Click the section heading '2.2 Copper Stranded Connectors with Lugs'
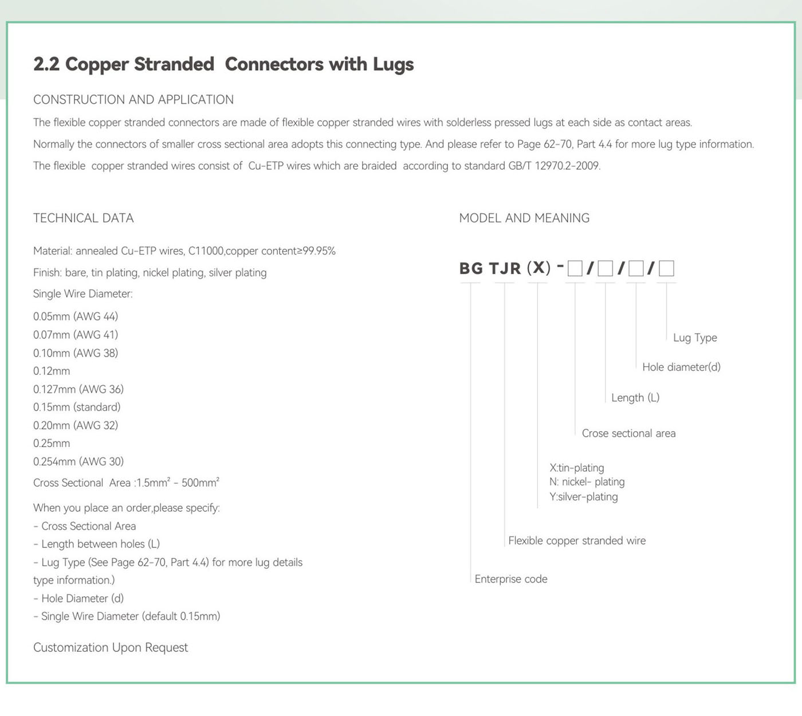[x=223, y=64]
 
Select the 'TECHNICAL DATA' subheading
[x=84, y=218]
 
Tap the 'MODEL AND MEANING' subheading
[x=524, y=218]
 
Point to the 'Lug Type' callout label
[x=695, y=338]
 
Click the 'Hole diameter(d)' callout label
[x=681, y=367]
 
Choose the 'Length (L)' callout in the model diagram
[x=635, y=397]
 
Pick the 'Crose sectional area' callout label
[x=628, y=433]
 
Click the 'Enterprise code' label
[x=511, y=579]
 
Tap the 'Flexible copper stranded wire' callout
[x=577, y=541]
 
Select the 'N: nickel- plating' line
[x=587, y=482]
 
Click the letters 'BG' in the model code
[x=471, y=268]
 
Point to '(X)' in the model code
[x=538, y=268]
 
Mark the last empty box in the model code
[x=666, y=268]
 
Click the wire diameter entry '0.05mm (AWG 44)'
[x=76, y=316]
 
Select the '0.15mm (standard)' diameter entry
[x=77, y=407]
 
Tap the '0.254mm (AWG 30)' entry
[x=78, y=461]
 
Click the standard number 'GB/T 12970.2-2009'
[x=554, y=166]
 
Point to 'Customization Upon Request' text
[x=111, y=647]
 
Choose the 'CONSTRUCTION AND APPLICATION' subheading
[x=133, y=100]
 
